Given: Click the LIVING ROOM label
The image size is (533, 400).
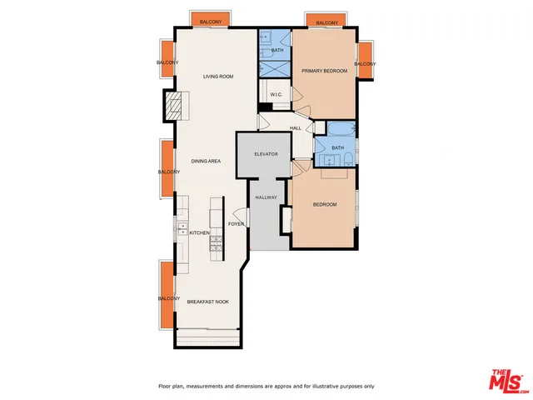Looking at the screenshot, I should click(218, 77).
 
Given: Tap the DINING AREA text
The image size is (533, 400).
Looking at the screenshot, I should click(206, 161).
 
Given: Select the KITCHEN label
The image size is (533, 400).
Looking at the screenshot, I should click(199, 233).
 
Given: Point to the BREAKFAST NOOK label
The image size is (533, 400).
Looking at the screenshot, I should click(207, 302).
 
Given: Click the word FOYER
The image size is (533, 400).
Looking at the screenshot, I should click(237, 223).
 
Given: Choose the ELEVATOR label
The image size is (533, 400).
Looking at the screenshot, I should click(265, 155).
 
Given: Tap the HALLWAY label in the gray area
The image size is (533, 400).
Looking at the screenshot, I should click(266, 197).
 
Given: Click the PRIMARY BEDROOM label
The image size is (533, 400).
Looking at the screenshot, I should click(324, 72).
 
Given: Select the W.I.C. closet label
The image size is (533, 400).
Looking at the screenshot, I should click(277, 94).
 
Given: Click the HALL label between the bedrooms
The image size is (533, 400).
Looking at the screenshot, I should click(295, 127).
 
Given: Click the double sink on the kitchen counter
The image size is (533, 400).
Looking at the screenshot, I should click(180, 227).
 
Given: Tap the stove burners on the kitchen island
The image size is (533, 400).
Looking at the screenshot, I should click(217, 243).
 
